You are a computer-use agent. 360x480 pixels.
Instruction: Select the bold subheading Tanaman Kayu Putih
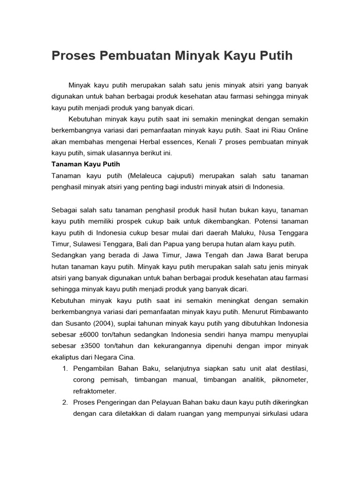coord(86,165)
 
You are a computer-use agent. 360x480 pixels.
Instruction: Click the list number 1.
coord(65,368)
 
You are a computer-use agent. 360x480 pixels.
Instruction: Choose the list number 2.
coord(65,402)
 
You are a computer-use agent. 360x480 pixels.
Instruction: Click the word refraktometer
coord(94,391)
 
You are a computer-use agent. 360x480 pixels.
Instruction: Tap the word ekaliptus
coord(66,357)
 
